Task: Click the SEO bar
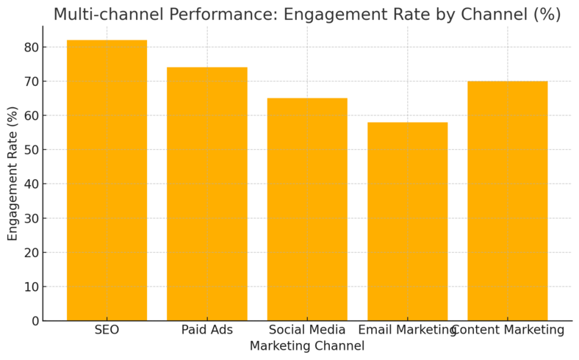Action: tap(107, 180)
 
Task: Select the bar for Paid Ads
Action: tap(206, 194)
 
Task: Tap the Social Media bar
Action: tap(307, 209)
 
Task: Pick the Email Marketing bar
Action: tap(407, 221)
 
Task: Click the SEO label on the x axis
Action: tap(107, 331)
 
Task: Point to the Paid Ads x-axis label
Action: tap(206, 331)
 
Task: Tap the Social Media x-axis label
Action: tap(307, 331)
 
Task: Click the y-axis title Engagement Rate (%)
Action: tap(12, 173)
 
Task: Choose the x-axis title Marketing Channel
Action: tap(307, 346)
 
